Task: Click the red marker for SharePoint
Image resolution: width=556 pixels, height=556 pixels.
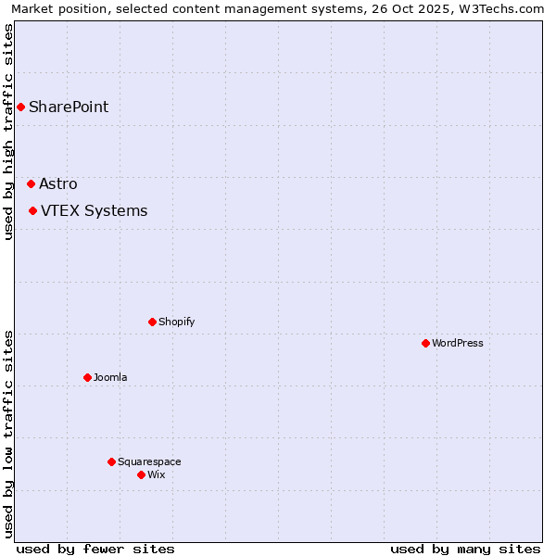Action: coord(20,107)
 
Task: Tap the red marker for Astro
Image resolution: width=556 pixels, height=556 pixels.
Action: coord(31,183)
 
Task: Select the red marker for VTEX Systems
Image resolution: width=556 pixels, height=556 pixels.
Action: coord(32,210)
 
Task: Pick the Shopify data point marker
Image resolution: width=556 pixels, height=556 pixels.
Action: coord(152,322)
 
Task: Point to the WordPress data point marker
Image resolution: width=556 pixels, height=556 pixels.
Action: coord(425,343)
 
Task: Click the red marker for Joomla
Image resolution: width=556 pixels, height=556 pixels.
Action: coord(87,377)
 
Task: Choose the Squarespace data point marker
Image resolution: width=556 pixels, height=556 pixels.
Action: coord(111,461)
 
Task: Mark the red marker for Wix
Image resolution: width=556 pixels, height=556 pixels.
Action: coord(141,474)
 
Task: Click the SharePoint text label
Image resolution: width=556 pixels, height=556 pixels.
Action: coord(69,107)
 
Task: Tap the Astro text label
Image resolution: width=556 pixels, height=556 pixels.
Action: coord(58,183)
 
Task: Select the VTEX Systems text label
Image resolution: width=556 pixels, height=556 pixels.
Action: coord(94,210)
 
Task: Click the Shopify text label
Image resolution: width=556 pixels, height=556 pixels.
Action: coord(176,322)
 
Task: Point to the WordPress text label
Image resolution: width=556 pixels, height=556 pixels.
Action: coord(458,343)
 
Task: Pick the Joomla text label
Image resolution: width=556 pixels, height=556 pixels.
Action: coord(110,377)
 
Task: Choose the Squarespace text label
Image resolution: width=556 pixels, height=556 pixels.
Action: coord(149,461)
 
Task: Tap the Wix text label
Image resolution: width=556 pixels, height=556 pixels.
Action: coord(156,474)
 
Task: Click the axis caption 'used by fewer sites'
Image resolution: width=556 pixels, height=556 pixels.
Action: coord(95,549)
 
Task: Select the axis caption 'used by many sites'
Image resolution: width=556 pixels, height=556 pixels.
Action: coord(465,549)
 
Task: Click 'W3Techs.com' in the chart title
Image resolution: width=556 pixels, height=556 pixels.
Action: coord(504,9)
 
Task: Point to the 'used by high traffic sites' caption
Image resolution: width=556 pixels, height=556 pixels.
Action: coord(8,132)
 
